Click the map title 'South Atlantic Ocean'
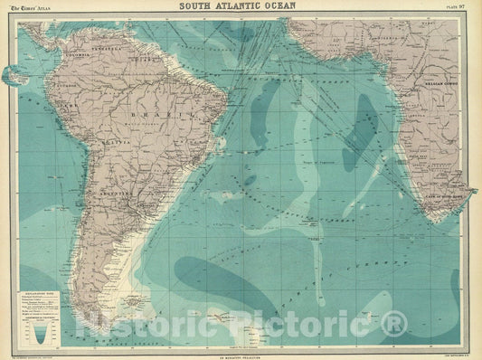(241, 7)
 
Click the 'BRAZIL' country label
(118, 118)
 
